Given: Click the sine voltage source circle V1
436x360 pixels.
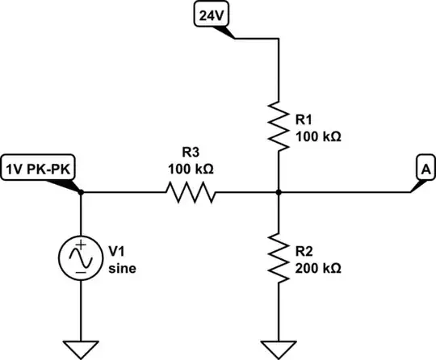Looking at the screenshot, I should [82, 257].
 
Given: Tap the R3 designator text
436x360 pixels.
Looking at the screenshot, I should [191, 153].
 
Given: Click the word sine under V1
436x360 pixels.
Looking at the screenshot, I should [123, 269].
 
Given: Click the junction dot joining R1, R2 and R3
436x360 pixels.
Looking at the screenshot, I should [278, 192].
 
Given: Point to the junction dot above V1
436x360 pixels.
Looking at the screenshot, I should [82, 192].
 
